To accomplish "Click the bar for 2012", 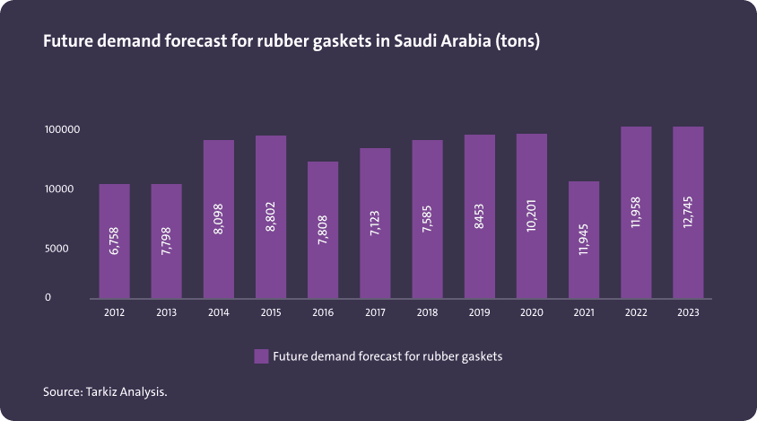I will tap(114, 241).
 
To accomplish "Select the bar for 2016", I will tap(323, 230).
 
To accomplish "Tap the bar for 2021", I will tap(584, 240).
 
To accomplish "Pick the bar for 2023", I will tap(688, 212).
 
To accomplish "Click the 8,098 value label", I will tap(219, 219).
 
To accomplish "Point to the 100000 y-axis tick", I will tap(63, 130).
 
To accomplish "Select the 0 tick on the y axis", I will tap(48, 297).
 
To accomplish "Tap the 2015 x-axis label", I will tap(271, 313).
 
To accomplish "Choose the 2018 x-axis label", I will tap(427, 313).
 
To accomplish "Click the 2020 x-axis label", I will tap(532, 313).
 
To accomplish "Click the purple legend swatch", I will tap(261, 356).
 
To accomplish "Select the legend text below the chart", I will tap(387, 356).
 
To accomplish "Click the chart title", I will tap(291, 42).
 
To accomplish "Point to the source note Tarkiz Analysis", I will tap(105, 391).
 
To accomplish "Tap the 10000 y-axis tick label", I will tap(59, 189).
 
